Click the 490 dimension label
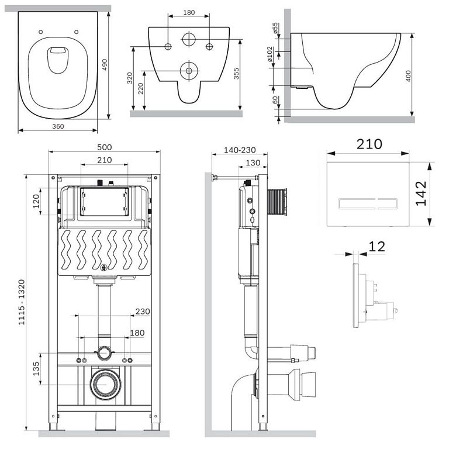[105, 65]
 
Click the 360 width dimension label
[58, 126]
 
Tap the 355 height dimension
[236, 74]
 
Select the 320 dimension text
[130, 78]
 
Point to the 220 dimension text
[140, 88]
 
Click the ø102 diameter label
[270, 54]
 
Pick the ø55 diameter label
[275, 28]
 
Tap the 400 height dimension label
[408, 76]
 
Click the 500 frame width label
[105, 147]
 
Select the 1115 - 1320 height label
[22, 302]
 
